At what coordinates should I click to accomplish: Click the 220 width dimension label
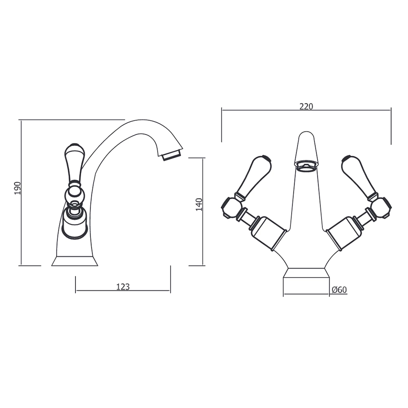point(306,106)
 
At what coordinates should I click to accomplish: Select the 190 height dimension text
point(18,188)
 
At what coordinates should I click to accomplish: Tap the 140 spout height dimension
point(199,204)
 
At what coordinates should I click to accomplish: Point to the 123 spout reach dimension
point(123,287)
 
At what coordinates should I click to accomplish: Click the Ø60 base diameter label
point(339,290)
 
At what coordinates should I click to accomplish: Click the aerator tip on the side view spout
point(172,155)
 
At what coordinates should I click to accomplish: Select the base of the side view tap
point(75,261)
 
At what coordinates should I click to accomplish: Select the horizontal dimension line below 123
point(123,291)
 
